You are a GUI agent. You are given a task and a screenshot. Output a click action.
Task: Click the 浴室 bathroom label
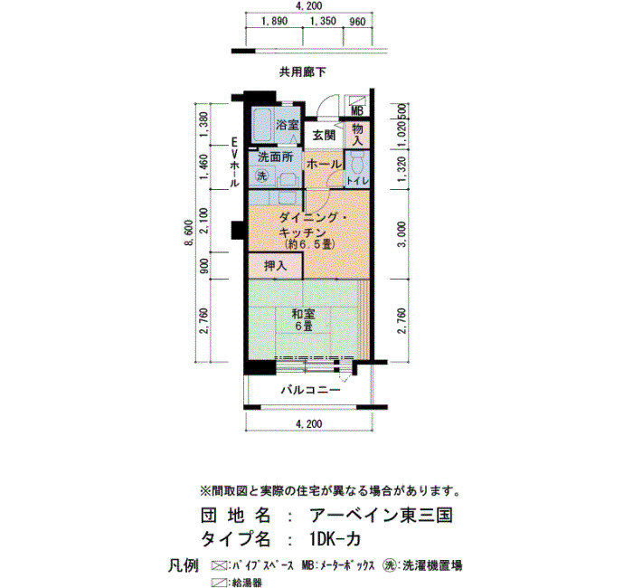288,125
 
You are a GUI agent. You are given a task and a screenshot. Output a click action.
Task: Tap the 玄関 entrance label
324,136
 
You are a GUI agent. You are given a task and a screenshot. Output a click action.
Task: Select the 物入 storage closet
357,135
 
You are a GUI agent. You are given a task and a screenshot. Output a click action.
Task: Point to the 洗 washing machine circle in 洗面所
262,176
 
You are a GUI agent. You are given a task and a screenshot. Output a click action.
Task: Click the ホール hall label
324,164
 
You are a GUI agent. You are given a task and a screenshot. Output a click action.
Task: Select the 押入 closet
275,266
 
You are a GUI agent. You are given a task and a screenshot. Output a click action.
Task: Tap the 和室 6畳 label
304,320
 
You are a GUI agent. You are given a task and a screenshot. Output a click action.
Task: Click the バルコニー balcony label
311,390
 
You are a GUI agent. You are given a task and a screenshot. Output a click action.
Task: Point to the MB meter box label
357,110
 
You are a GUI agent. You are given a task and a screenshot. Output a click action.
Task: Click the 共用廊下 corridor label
303,72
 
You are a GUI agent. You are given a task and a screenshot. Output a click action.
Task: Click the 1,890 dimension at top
275,22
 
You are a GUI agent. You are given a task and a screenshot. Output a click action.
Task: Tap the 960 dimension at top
358,22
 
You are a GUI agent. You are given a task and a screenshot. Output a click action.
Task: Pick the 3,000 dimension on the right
402,234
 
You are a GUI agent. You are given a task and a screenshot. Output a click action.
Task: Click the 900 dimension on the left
203,266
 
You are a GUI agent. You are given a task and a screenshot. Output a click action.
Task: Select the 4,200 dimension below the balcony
309,423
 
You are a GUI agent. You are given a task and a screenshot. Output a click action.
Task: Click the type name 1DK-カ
335,539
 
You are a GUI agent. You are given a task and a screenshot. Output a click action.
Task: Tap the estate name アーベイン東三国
381,516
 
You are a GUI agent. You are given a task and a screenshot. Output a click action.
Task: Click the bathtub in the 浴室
261,125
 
